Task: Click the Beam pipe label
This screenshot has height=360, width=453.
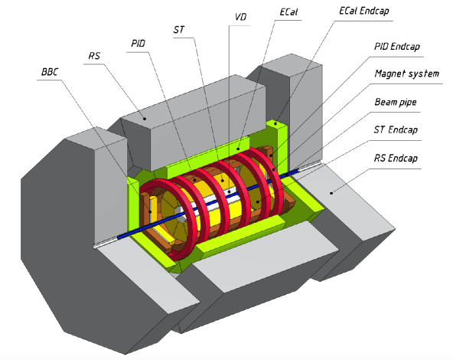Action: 396,100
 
